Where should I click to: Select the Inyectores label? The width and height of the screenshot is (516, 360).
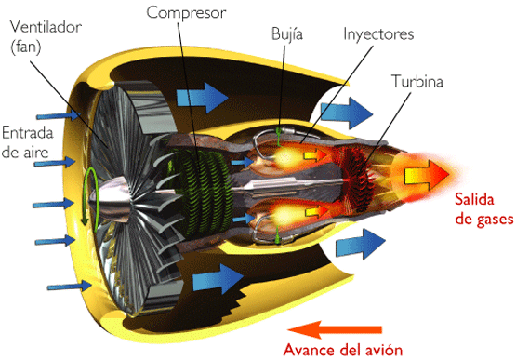click(x=378, y=35)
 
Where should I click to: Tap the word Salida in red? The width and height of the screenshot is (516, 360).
click(x=473, y=198)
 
